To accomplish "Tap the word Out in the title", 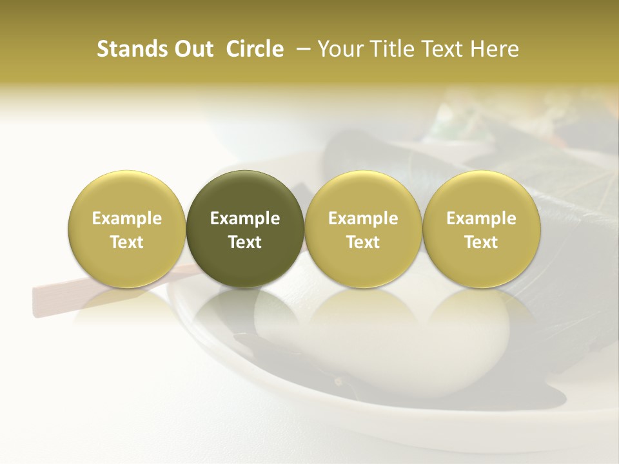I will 192,49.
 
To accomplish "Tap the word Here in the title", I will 496,49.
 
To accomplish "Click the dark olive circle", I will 245,229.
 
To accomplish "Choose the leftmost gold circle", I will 127,229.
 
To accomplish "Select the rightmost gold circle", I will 481,229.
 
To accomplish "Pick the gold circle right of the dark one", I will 363,229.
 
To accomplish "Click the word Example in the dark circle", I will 245,218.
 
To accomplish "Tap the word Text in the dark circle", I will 245,242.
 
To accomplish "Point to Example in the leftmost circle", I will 127,218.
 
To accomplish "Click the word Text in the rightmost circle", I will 481,242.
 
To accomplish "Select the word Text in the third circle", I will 363,242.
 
